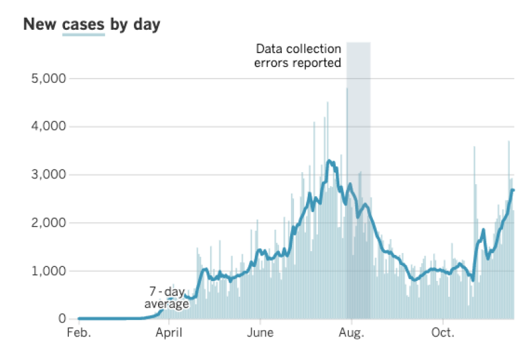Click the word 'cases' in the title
tap(83, 25)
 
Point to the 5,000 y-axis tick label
tap(49, 78)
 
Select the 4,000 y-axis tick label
tap(49, 127)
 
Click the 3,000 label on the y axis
tap(49, 175)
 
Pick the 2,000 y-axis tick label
tap(49, 223)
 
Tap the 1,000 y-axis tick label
tap(49, 271)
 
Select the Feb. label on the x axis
tap(79, 333)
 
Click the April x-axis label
tap(169, 333)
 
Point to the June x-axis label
tap(260, 333)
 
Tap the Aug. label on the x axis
tap(351, 333)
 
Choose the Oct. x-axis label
tap(442, 333)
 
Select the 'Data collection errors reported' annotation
tap(298, 56)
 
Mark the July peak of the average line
tap(329, 161)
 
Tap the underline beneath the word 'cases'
tap(83, 34)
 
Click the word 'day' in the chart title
tap(146, 25)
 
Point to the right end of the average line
tap(513, 190)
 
